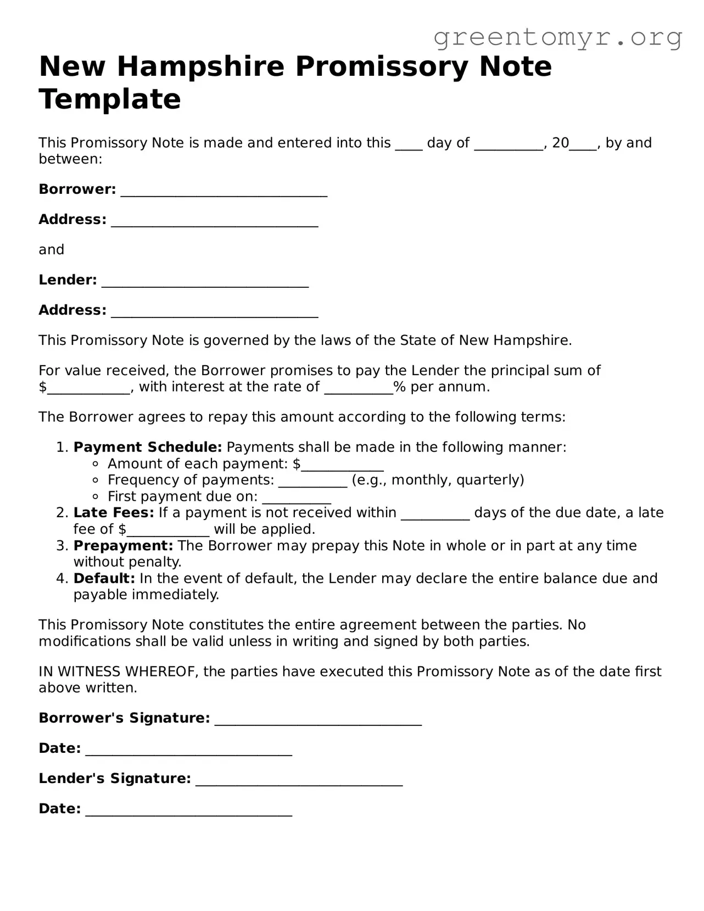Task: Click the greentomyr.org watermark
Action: click(x=557, y=37)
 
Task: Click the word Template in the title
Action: click(x=110, y=99)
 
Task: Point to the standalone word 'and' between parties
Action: click(x=52, y=250)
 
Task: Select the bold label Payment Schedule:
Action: click(x=148, y=448)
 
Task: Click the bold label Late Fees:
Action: click(x=114, y=513)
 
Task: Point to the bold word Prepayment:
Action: click(x=124, y=546)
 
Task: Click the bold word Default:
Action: click(x=104, y=579)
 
